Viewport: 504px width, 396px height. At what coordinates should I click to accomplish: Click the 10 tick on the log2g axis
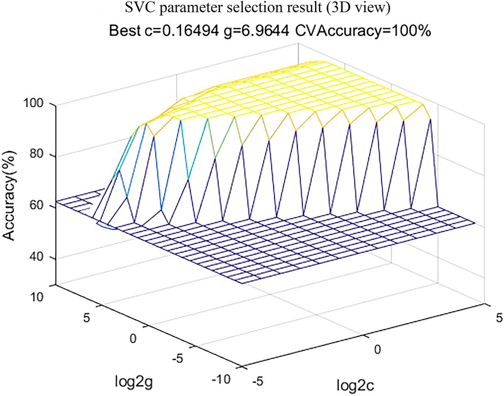point(42,296)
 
